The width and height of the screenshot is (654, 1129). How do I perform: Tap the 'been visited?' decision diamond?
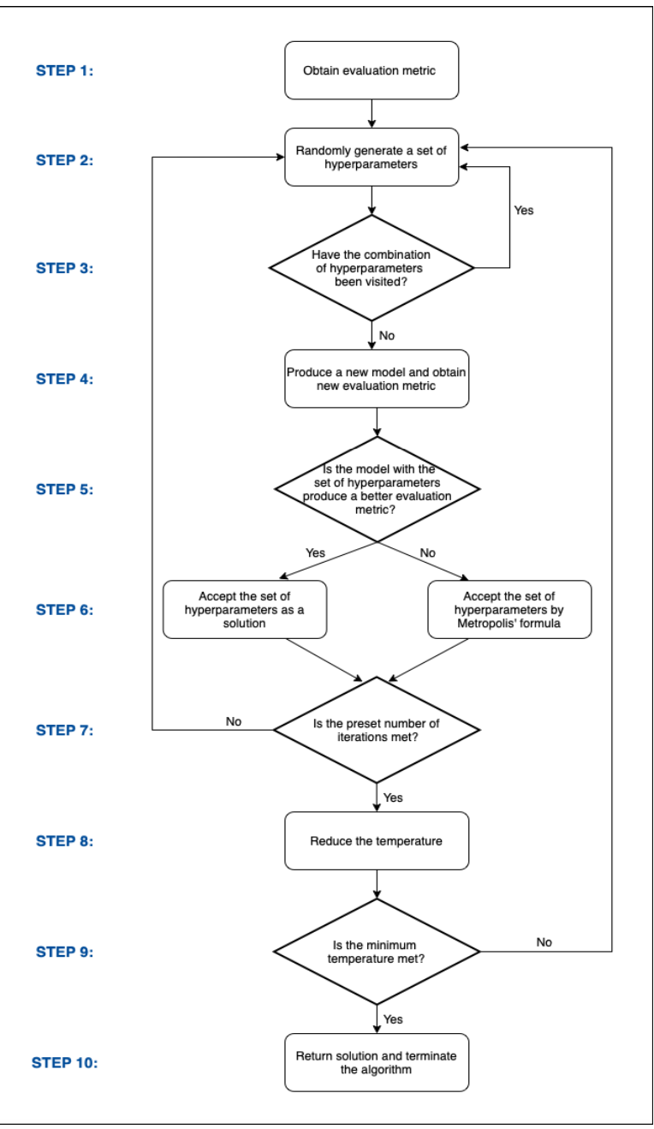pos(372,268)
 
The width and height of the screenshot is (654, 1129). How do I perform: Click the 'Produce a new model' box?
pos(376,378)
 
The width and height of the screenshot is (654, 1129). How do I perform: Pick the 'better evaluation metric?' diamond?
pos(378,489)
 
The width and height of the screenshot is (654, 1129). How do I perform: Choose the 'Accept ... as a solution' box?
pos(244,609)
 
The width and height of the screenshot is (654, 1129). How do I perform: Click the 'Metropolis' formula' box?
pos(509,609)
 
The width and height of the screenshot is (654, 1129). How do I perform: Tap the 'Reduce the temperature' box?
pos(376,841)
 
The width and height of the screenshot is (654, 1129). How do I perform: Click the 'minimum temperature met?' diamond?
pos(376,951)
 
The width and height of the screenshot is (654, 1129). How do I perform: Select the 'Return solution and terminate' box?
pos(376,1062)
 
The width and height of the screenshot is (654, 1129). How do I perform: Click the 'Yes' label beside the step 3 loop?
pos(523,210)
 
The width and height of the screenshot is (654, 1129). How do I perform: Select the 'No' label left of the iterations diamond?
pos(233,721)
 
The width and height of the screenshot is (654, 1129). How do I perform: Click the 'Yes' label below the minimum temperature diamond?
pos(393,1019)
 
